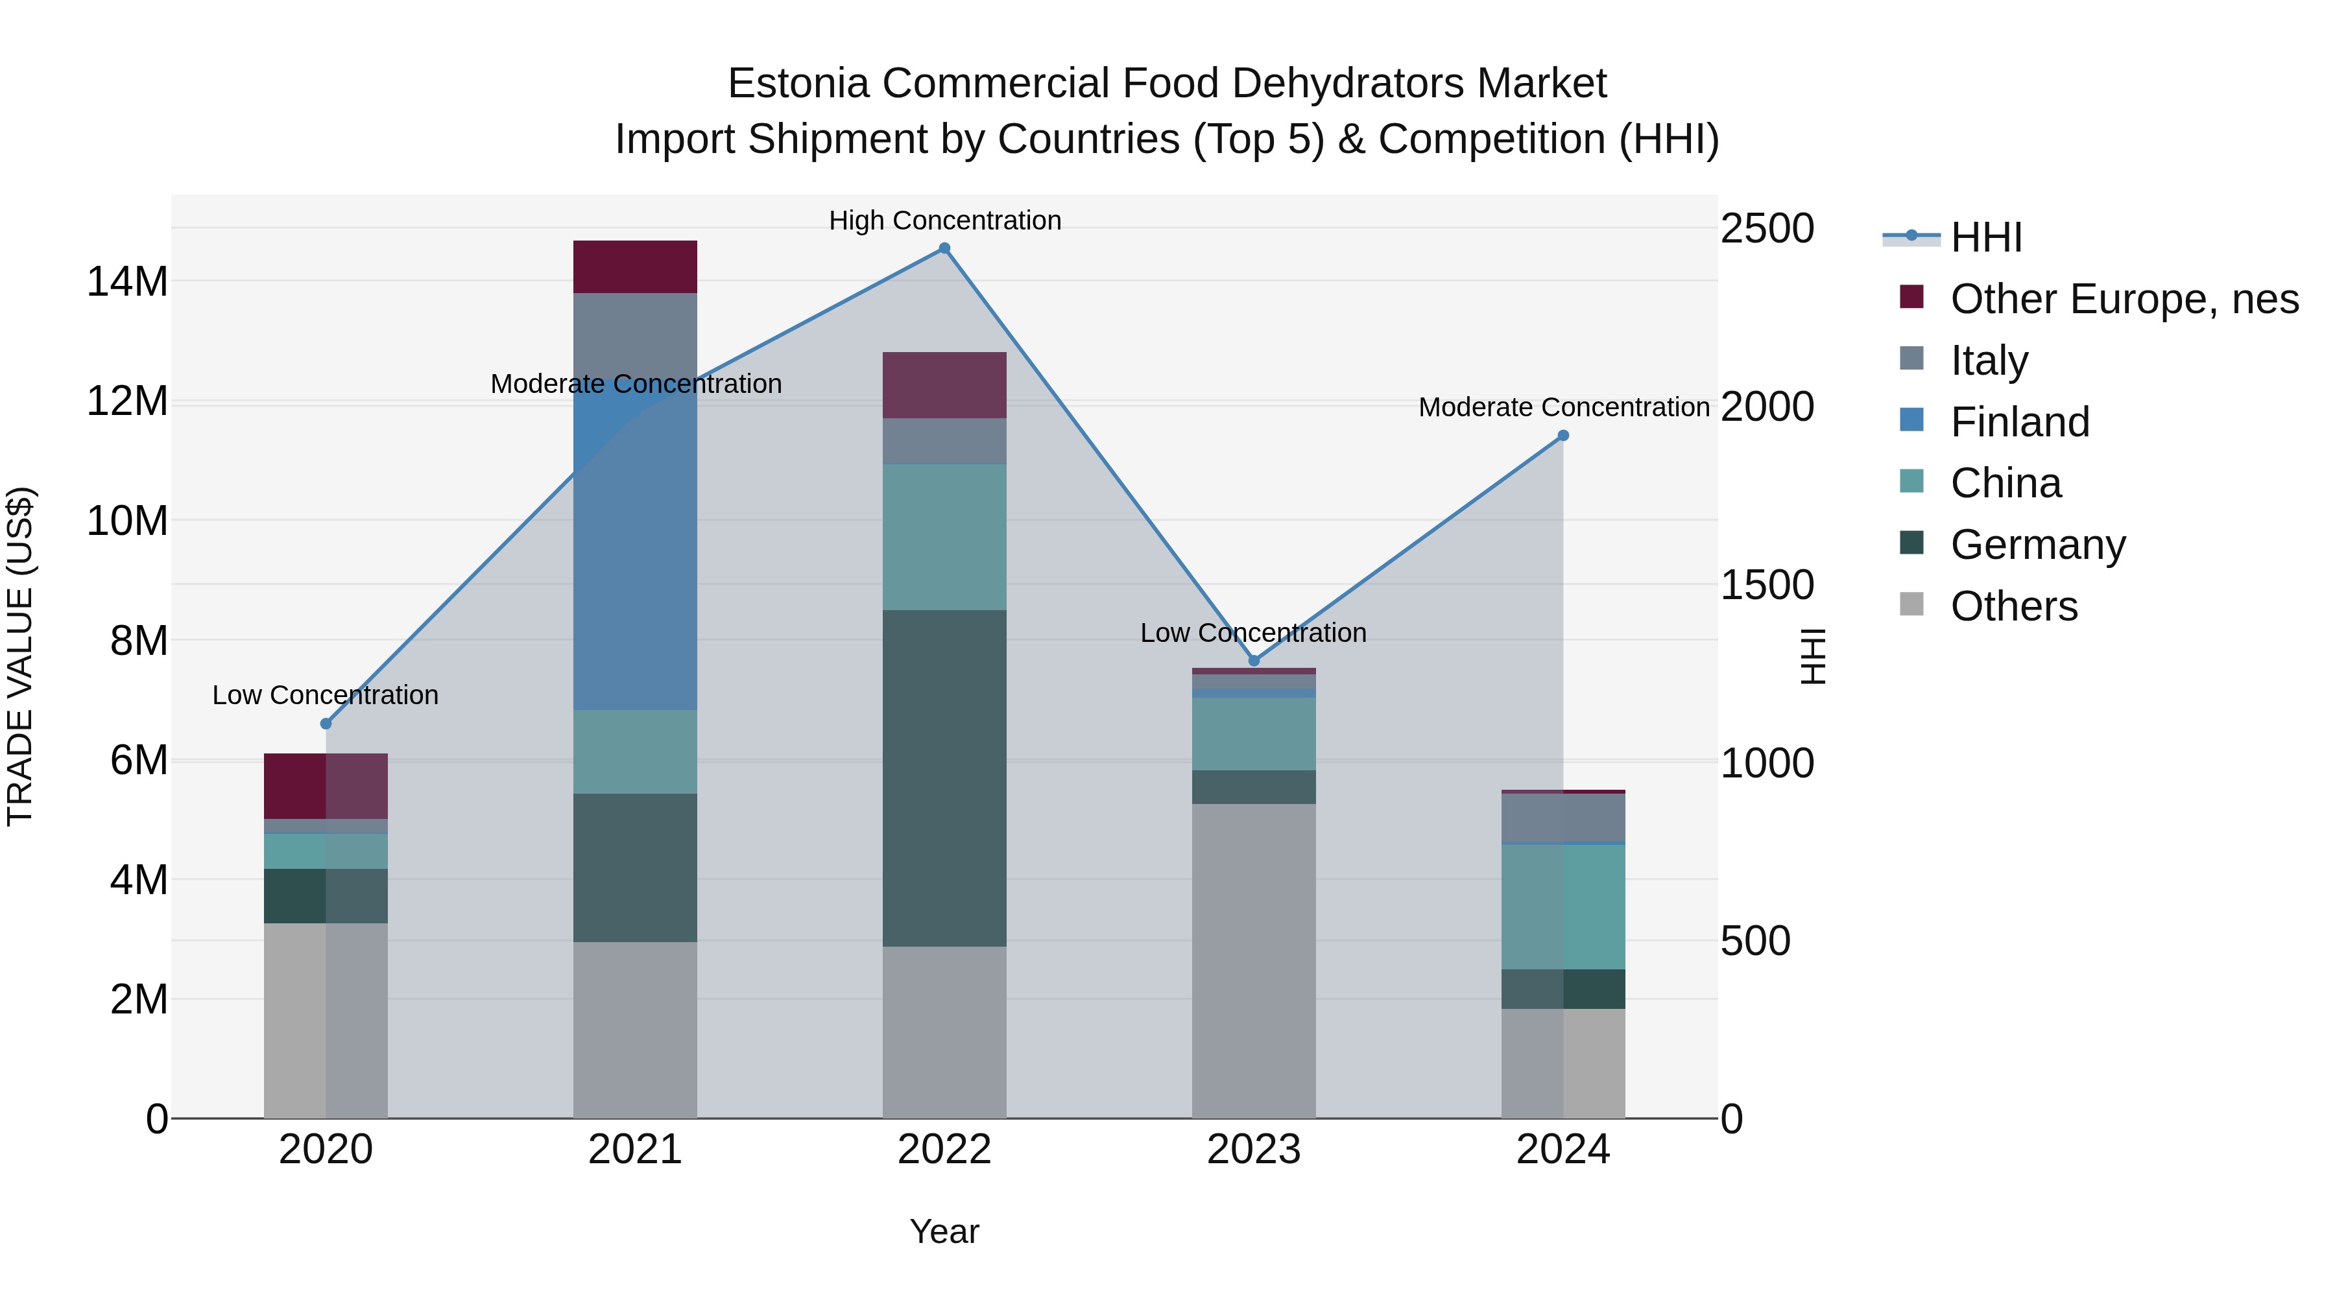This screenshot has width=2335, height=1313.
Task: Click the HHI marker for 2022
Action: click(944, 248)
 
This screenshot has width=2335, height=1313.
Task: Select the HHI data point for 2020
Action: click(326, 724)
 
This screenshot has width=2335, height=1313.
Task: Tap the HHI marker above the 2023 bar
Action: click(1254, 661)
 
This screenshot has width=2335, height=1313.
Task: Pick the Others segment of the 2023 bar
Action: click(1254, 960)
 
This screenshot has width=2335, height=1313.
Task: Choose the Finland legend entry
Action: click(2020, 422)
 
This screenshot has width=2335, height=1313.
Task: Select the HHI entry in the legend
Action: click(1985, 237)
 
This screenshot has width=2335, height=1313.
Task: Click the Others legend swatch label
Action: click(2013, 606)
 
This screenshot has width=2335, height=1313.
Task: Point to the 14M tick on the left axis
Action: click(127, 282)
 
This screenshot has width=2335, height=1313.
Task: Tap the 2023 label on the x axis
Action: click(1254, 1150)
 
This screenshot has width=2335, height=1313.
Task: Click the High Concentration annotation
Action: click(944, 220)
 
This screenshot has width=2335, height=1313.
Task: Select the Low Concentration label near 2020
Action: click(326, 695)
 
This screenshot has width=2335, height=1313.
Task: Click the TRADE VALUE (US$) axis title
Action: click(20, 656)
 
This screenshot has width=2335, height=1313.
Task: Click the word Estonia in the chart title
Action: click(798, 84)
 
